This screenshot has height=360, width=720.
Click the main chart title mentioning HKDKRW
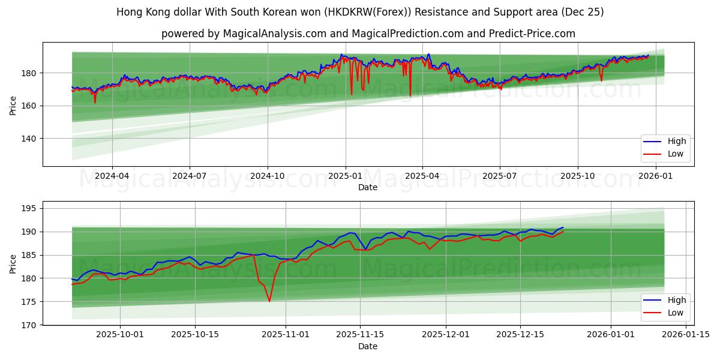(x=360, y=12)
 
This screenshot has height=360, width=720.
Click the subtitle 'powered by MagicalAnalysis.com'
(x=368, y=34)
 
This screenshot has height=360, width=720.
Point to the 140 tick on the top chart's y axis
(x=29, y=139)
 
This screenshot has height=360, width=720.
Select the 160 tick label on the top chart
(x=29, y=106)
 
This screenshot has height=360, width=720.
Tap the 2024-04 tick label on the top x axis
(x=112, y=176)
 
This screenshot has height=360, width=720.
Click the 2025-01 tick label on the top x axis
(x=345, y=176)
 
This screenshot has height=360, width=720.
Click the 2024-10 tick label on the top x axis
(x=267, y=176)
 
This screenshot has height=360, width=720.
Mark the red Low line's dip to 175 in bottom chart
(x=269, y=301)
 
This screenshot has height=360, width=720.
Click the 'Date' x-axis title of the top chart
(x=368, y=187)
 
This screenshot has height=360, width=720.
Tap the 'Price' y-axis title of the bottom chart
(x=13, y=263)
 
